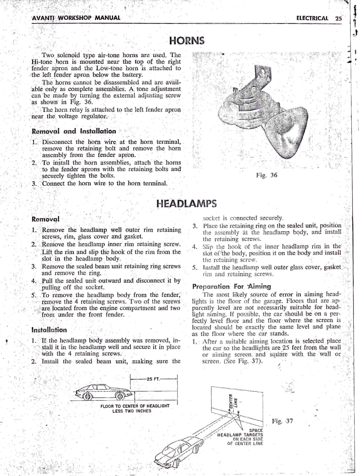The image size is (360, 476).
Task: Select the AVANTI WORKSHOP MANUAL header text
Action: [76, 17]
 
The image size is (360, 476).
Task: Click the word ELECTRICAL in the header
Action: [312, 18]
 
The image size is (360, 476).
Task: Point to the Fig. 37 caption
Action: [282, 421]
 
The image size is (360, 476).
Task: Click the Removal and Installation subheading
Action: [74, 131]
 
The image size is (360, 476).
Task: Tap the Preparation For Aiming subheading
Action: [231, 287]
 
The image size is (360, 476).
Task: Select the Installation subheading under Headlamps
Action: [49, 330]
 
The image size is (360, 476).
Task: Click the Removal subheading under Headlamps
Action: [45, 219]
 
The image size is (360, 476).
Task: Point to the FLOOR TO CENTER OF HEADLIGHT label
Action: [135, 406]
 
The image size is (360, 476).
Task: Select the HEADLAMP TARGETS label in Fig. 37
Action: [240, 435]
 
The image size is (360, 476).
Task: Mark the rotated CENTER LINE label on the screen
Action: [233, 401]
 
